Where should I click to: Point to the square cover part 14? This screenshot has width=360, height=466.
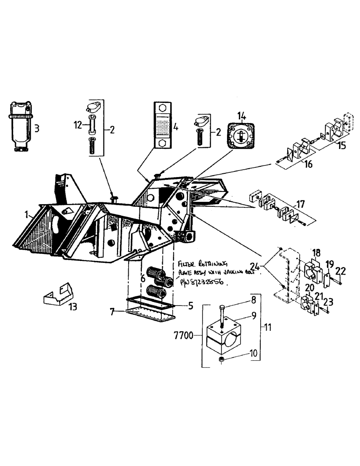pos(241,137)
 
